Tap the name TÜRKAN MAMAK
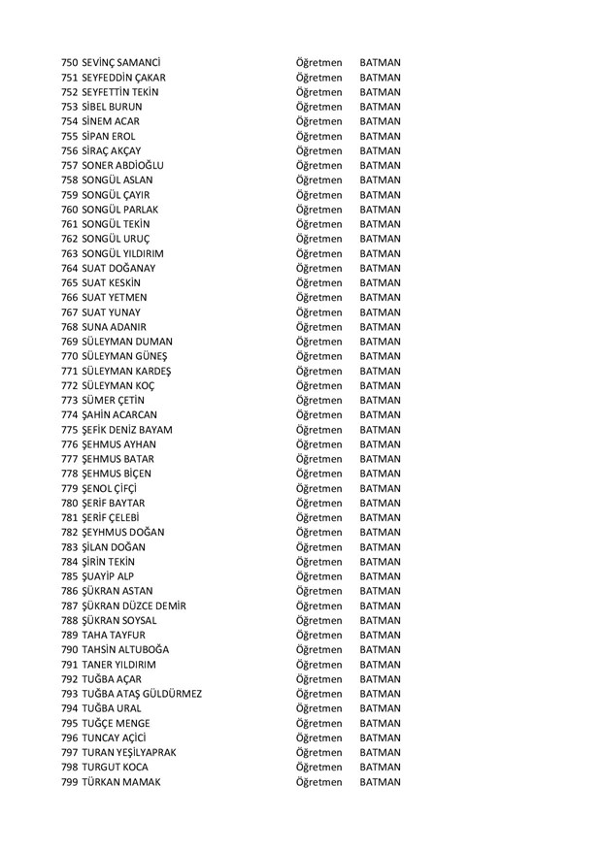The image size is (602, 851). [121, 781]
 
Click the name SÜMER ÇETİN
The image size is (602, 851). [116, 400]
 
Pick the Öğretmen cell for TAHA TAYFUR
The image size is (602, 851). [318, 635]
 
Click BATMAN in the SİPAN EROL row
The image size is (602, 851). [380, 136]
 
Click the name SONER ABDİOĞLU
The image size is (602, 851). [123, 165]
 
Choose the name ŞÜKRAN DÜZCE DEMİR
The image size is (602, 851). [135, 606]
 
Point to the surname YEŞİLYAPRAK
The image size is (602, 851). [152, 752]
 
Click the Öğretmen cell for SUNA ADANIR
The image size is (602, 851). [318, 327]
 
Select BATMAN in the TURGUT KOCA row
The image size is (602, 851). [380, 767]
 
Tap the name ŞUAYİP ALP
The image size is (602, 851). [109, 575]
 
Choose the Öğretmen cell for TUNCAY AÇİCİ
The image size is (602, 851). [318, 737]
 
